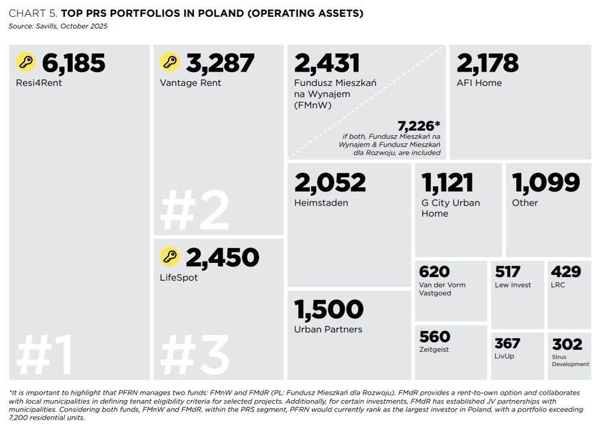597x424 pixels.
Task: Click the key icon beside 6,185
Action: point(26,62)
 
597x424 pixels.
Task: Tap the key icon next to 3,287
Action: point(170,62)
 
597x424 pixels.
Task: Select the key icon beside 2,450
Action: point(170,257)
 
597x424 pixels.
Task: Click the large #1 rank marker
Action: point(44,356)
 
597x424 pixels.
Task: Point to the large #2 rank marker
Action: point(194,211)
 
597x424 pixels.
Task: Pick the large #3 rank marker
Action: point(194,356)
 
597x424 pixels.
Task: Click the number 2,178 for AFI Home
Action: point(487,63)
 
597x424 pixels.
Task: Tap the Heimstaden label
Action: point(321,203)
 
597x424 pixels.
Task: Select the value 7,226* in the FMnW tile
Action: point(419,125)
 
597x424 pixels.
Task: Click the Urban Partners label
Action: point(328,329)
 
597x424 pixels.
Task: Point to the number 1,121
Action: point(447,182)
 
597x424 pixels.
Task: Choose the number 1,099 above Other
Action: point(546,182)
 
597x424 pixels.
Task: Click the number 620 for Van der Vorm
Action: point(434,272)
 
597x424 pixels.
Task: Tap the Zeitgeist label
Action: point(434,349)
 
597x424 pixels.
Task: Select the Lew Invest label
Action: point(513,284)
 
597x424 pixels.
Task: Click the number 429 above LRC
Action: point(565,272)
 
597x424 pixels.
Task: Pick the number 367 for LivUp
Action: point(507,343)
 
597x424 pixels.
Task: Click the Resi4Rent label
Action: point(39,82)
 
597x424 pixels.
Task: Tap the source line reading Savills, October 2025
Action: point(58,26)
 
